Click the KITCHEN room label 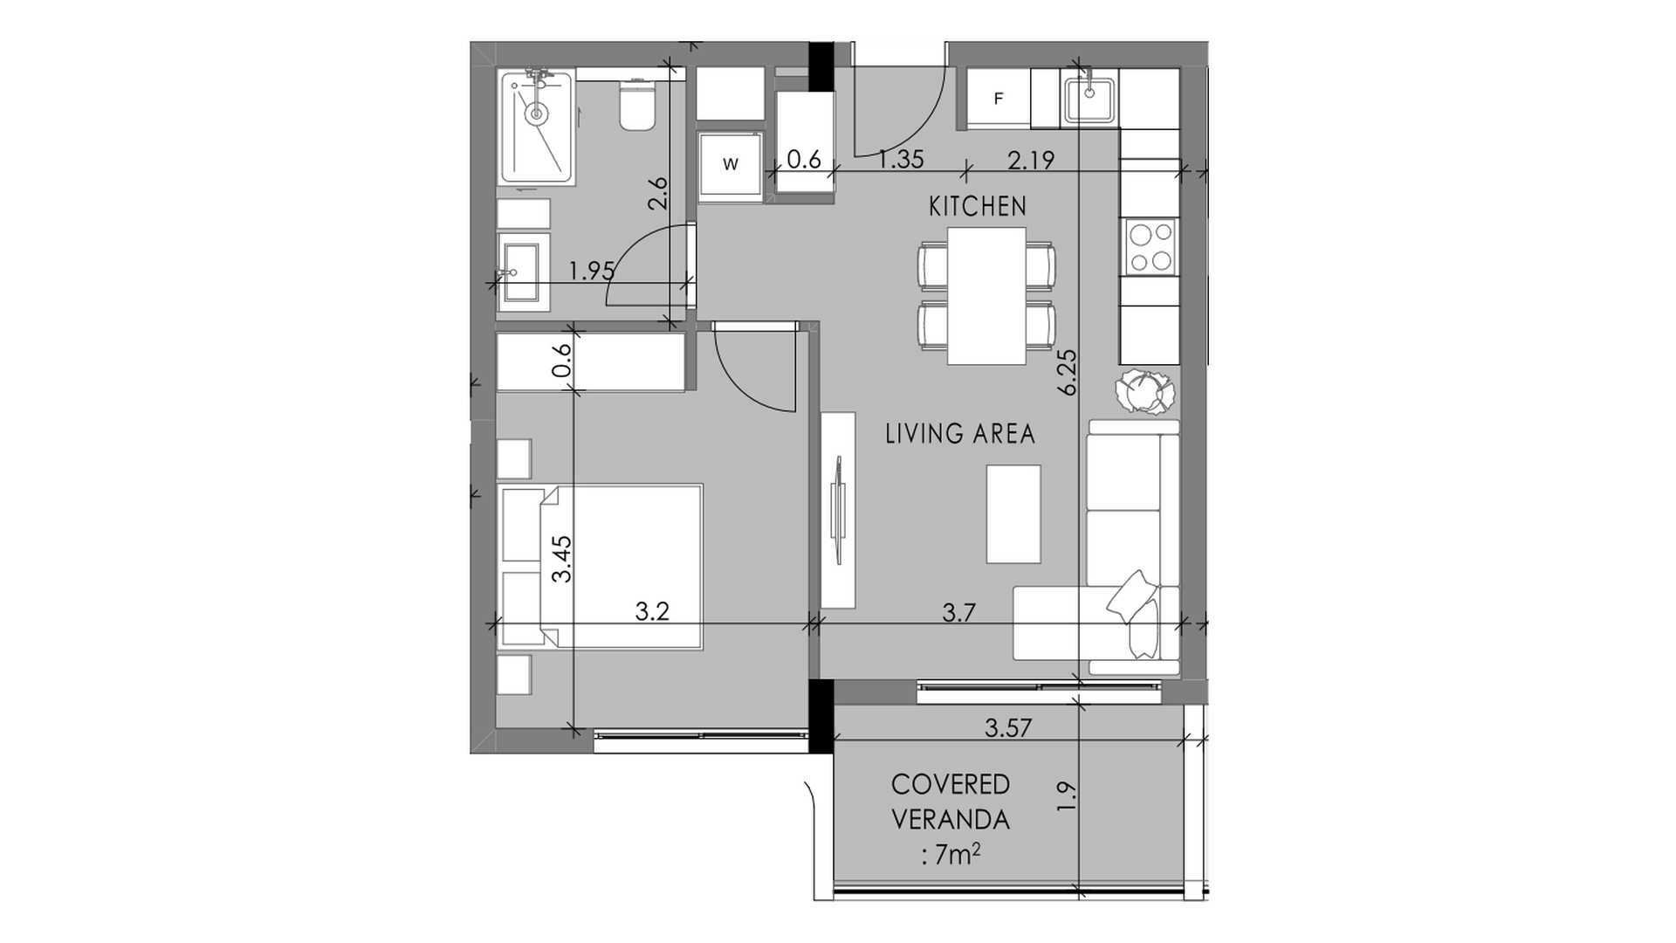(977, 207)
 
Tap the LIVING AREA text (960, 434)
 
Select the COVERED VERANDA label (951, 802)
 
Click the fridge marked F (999, 99)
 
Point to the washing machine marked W (732, 165)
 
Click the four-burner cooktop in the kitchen (1149, 247)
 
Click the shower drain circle (536, 114)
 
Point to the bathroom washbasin (524, 272)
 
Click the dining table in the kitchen (986, 296)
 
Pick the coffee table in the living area (1013, 514)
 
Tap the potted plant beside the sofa (1146, 390)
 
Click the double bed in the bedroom (600, 568)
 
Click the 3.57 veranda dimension (1009, 727)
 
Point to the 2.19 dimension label (1031, 160)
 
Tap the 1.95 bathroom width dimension (592, 271)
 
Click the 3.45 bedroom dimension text (563, 559)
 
